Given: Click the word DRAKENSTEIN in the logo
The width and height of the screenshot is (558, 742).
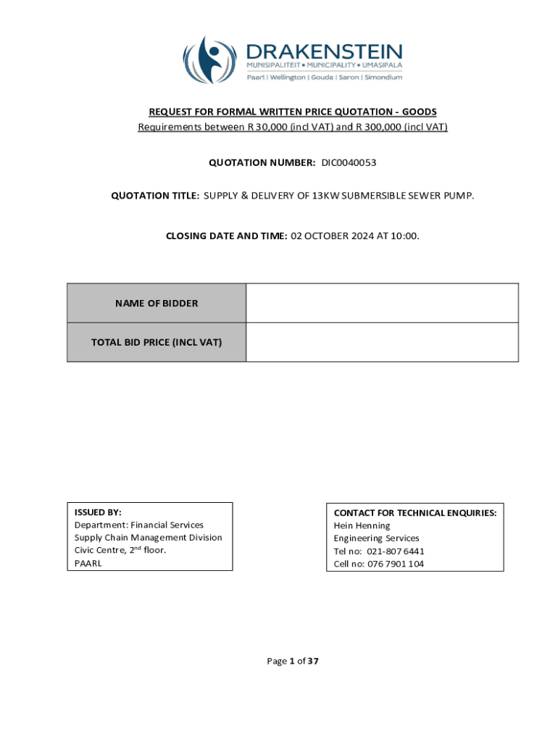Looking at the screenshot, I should [x=325, y=51].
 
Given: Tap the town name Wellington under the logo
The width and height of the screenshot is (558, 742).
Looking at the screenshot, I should [x=288, y=78].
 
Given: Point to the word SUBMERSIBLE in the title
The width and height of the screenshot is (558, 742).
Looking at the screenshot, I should [x=372, y=196].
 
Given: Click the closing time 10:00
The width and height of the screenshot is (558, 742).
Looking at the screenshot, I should [x=405, y=235].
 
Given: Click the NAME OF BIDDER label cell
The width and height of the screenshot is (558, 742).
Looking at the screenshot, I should [x=157, y=304].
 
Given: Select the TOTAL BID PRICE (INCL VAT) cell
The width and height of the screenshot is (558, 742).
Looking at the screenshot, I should [x=157, y=342].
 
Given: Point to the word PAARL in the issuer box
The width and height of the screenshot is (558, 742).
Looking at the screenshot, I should [x=88, y=563].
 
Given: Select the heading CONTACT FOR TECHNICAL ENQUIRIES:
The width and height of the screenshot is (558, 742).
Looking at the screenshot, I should [x=415, y=512].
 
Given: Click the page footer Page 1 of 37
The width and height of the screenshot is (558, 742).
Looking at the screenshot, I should [x=293, y=661].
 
